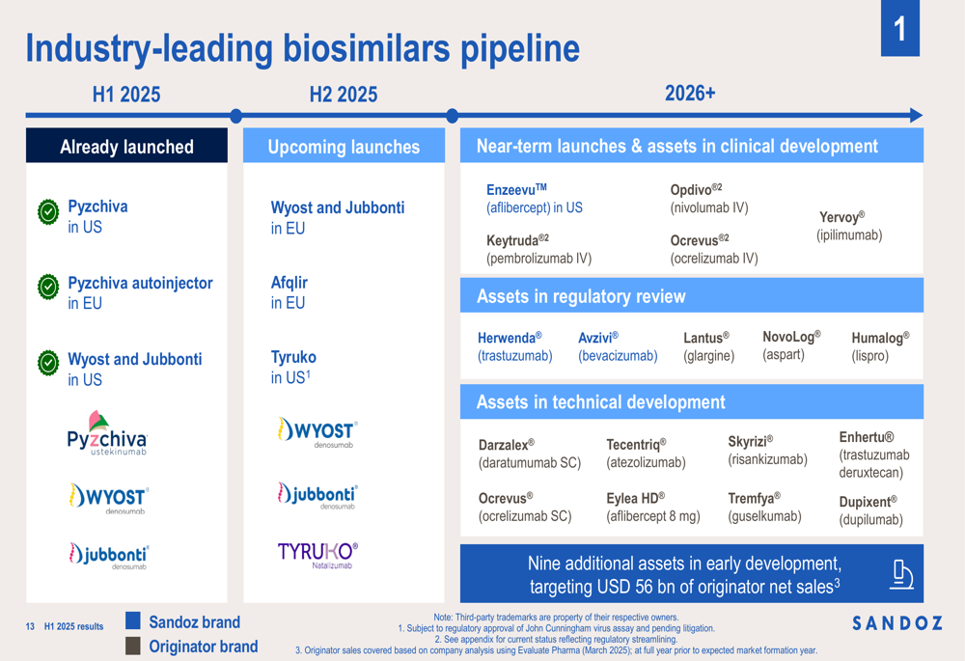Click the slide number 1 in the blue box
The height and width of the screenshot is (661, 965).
(x=899, y=29)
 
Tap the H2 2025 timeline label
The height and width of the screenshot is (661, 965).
(x=344, y=95)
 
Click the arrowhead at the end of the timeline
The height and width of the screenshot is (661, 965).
(x=916, y=115)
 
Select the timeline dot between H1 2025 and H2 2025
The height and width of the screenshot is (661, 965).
(x=235, y=115)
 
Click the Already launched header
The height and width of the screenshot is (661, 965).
(x=126, y=146)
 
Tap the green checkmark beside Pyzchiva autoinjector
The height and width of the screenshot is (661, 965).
(x=48, y=287)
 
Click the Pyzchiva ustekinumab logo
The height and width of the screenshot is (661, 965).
(x=107, y=433)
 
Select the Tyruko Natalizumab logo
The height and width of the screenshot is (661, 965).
(x=317, y=555)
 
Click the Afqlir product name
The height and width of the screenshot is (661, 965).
(x=289, y=283)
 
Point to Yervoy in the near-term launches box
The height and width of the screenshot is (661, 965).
(x=841, y=217)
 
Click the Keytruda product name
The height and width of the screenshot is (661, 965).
(x=517, y=239)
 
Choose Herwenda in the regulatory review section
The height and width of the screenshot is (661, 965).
(x=510, y=338)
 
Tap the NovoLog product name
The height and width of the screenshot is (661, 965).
(x=791, y=337)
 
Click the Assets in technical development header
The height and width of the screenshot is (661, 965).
(x=600, y=401)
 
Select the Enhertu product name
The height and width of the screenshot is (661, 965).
(x=867, y=437)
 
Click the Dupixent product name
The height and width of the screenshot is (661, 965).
(x=868, y=502)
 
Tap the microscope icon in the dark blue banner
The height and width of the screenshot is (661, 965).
(x=901, y=575)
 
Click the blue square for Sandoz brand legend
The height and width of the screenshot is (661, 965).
(x=133, y=620)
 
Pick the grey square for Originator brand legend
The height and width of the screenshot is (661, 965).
(x=133, y=646)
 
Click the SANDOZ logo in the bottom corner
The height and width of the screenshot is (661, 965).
(x=897, y=623)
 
